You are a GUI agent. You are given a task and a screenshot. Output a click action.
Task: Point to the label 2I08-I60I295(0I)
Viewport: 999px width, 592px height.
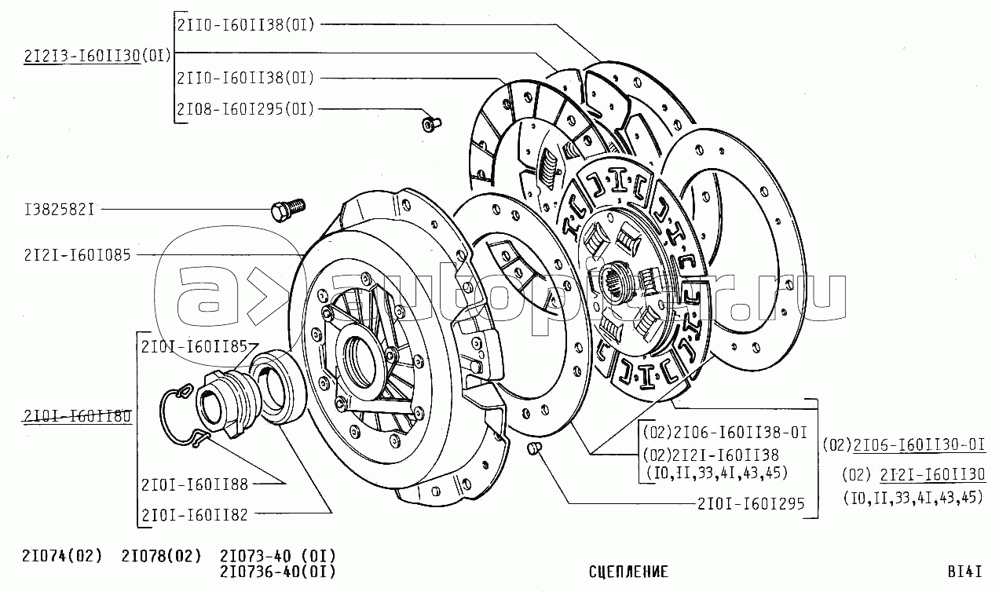pos(245,109)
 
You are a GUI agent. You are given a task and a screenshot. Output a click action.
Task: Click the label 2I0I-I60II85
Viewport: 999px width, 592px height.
pos(194,345)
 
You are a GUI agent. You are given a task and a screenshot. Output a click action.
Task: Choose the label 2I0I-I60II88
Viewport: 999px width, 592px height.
pos(195,484)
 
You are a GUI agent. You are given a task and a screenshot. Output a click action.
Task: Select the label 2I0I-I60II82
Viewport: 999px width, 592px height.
pos(195,514)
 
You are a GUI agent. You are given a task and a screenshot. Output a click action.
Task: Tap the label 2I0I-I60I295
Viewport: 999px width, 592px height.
pos(750,503)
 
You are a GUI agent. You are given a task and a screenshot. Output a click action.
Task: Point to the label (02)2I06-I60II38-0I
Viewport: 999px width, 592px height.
pos(724,432)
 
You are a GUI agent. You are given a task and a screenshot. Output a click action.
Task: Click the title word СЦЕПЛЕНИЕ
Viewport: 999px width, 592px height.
pos(628,572)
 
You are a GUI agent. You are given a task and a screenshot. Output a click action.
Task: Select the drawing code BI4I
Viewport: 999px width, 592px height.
pos(964,572)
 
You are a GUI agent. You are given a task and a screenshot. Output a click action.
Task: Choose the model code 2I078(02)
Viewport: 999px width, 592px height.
pos(161,556)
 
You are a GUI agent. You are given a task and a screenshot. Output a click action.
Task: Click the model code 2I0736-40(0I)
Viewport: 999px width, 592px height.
pos(277,572)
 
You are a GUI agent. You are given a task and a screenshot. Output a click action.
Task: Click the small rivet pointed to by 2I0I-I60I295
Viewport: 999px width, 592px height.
pos(532,448)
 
